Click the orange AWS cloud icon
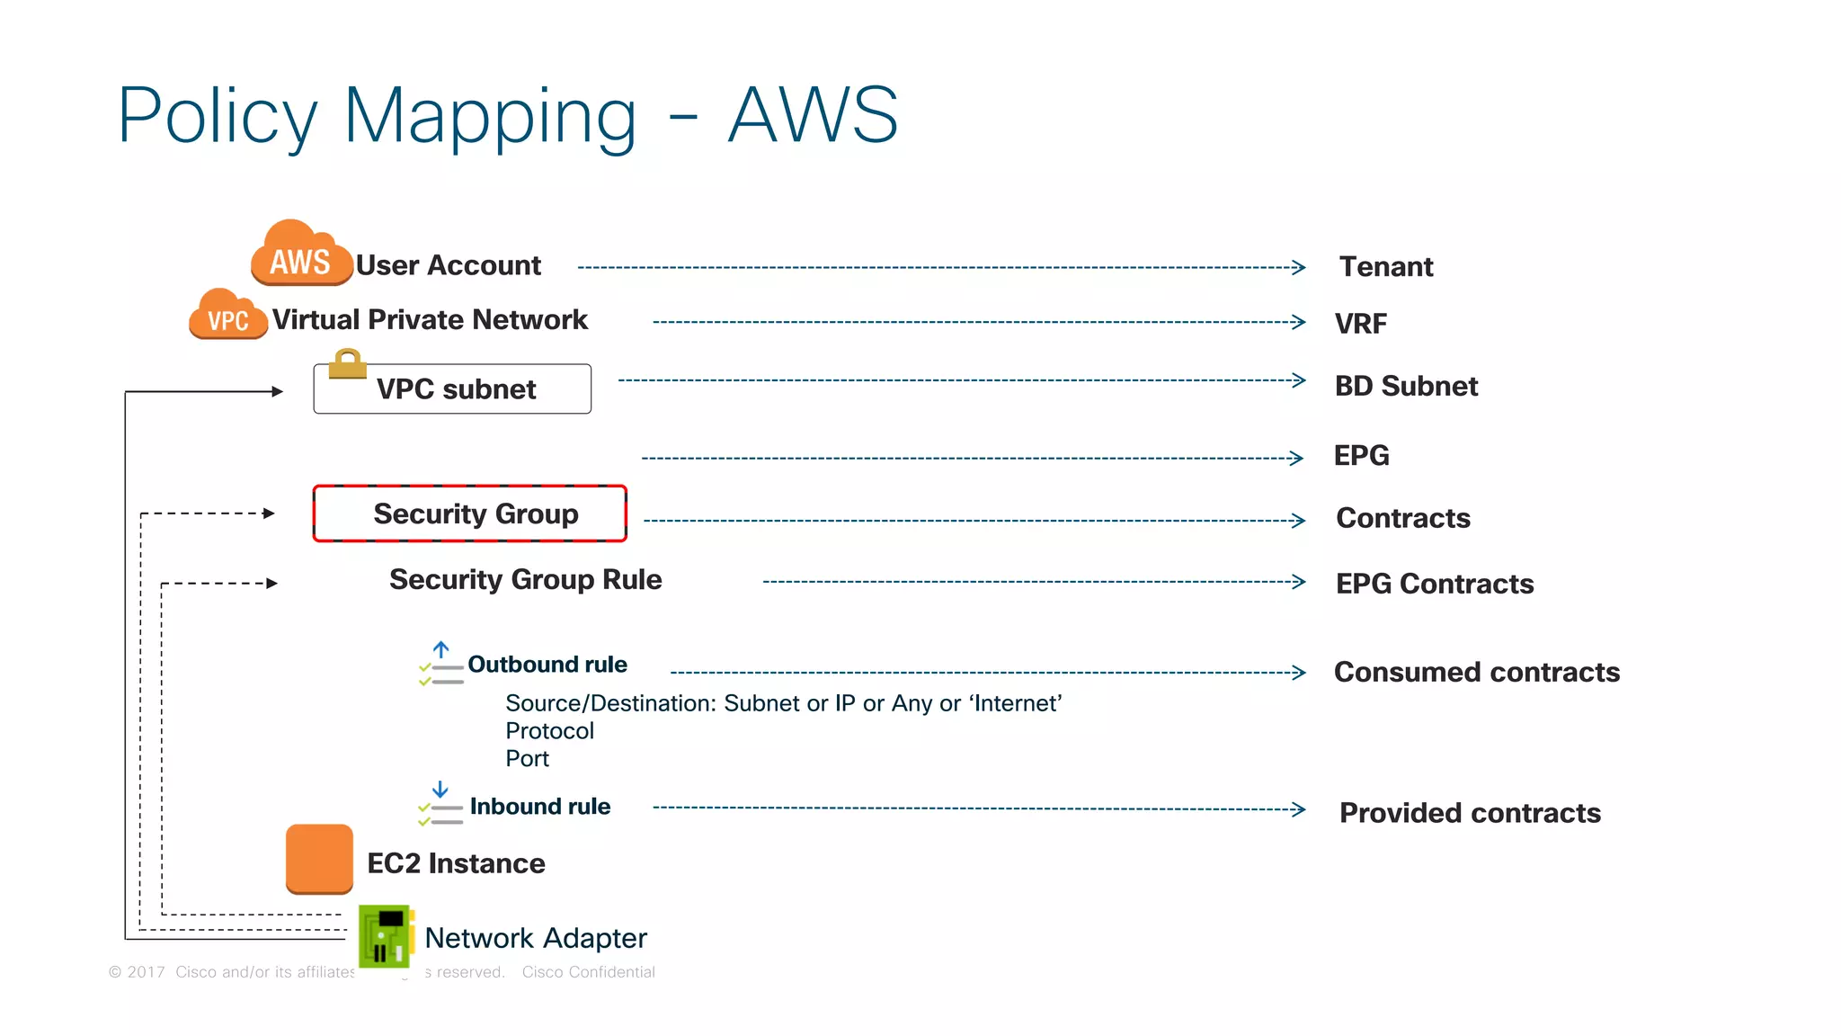pyautogui.click(x=300, y=255)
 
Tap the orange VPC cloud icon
pyautogui.click(x=227, y=316)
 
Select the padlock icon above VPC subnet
pyautogui.click(x=347, y=363)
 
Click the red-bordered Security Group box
pyautogui.click(x=469, y=514)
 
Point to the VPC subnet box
pyautogui.click(x=452, y=389)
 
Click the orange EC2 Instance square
pyautogui.click(x=319, y=859)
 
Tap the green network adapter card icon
pyautogui.click(x=386, y=936)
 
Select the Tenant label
pyautogui.click(x=1385, y=267)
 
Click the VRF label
pyautogui.click(x=1360, y=324)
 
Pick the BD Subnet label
pyautogui.click(x=1405, y=387)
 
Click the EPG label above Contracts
pyautogui.click(x=1360, y=456)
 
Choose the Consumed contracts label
pyautogui.click(x=1476, y=673)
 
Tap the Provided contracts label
pyautogui.click(x=1469, y=813)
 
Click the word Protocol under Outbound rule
pyautogui.click(x=549, y=731)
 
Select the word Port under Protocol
pyautogui.click(x=527, y=759)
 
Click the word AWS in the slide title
pyautogui.click(x=813, y=115)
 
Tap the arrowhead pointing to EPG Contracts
pyautogui.click(x=1298, y=582)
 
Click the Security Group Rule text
pyautogui.click(x=525, y=580)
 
